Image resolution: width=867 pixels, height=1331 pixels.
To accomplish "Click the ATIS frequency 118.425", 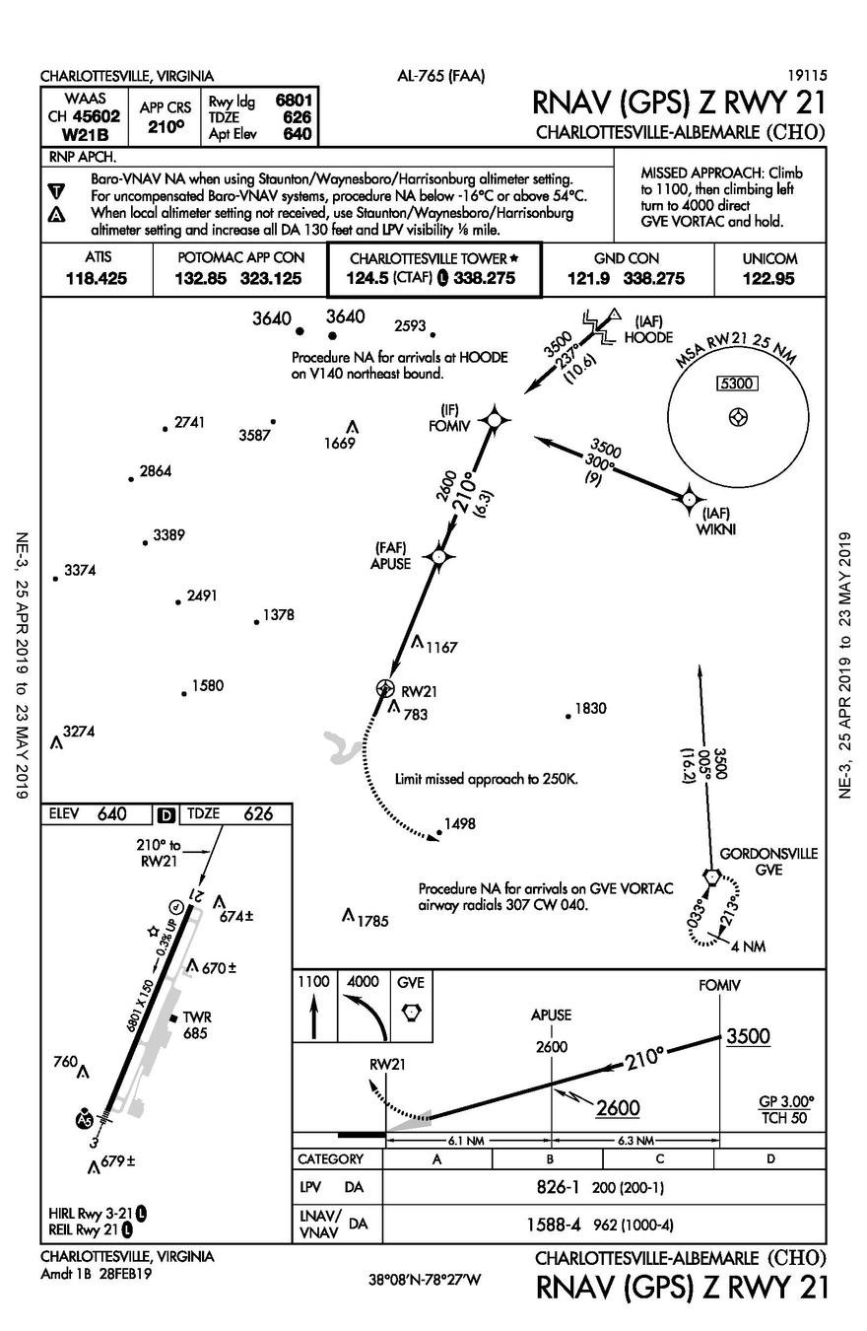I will coord(96,279).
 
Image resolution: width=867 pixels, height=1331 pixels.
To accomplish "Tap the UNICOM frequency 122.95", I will coord(769,279).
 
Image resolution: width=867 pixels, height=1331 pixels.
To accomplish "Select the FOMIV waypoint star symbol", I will coord(495,419).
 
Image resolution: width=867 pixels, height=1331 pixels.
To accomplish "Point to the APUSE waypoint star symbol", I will coord(438,557).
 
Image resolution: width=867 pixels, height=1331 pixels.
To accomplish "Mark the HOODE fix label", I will coord(648,336).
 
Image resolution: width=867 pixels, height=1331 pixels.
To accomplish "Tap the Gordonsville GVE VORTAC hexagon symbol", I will coord(710,876).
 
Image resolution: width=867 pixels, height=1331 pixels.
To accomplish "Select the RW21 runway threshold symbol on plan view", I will coord(385,689).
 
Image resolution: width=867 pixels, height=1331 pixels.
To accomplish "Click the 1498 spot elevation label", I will coord(460,824).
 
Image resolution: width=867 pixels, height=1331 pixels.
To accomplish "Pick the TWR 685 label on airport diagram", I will coord(197,1025).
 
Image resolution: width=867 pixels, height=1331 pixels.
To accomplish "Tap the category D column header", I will coord(770,1159).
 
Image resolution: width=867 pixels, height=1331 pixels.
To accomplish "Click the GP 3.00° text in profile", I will coord(786,1100).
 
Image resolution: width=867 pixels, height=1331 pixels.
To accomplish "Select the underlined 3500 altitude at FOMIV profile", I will coord(748,1036).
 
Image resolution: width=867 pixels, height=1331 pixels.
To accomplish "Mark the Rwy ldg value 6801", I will coord(294,101).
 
